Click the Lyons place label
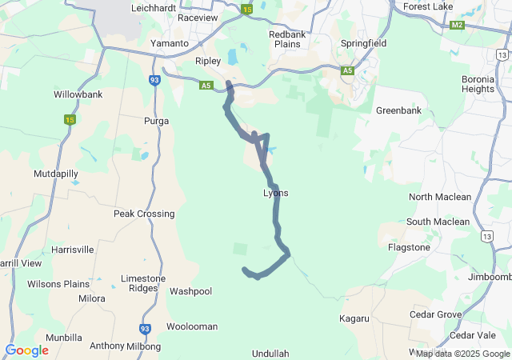(275, 194)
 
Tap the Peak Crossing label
(144, 214)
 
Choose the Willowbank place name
(78, 94)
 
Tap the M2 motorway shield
(457, 25)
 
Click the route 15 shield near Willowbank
(70, 119)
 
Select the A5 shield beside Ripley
(206, 84)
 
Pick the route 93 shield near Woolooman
(145, 328)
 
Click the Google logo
(26, 350)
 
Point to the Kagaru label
(354, 318)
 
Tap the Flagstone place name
(409, 248)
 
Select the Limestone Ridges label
(143, 283)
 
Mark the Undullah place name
(270, 353)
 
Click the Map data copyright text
(462, 354)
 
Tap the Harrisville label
(72, 250)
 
